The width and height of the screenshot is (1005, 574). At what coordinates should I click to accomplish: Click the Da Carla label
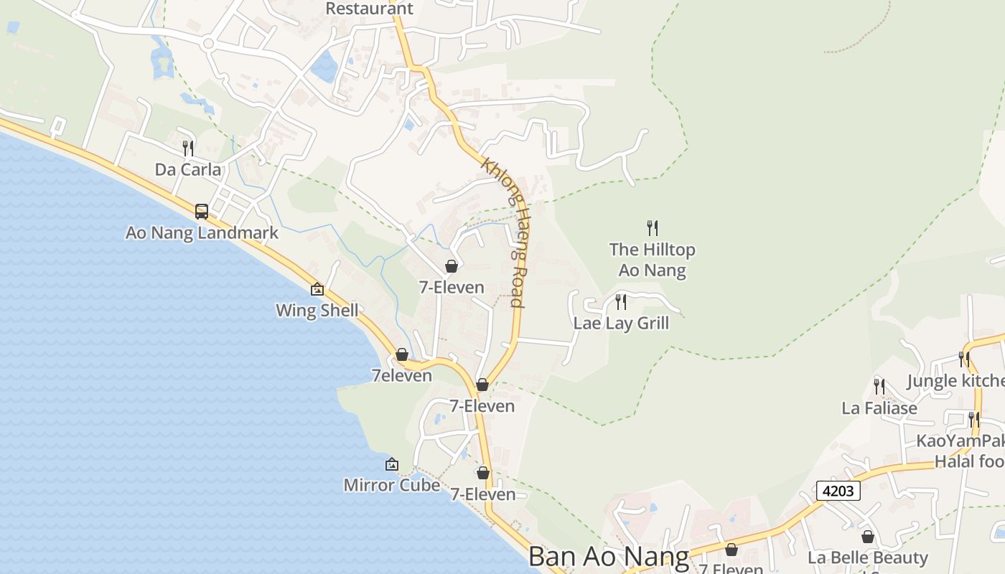click(188, 169)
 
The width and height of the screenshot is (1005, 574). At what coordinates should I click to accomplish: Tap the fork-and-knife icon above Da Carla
click(188, 149)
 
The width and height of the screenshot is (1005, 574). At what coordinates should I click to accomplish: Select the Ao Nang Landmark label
click(202, 232)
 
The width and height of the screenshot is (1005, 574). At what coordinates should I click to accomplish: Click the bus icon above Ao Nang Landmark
click(202, 212)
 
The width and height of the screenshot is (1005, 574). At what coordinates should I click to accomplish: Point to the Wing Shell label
click(317, 311)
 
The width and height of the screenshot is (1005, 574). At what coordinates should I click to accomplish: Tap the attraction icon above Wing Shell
click(317, 289)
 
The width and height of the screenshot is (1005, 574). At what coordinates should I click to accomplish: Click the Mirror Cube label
click(391, 485)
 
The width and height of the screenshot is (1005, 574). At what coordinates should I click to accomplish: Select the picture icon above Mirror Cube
click(391, 464)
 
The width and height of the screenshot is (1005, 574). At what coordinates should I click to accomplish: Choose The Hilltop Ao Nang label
click(652, 260)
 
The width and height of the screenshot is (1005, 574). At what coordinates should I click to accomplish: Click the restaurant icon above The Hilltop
click(652, 228)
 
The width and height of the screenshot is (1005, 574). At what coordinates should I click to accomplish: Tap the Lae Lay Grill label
click(621, 323)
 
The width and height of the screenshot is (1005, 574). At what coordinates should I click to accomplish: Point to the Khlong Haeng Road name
click(504, 232)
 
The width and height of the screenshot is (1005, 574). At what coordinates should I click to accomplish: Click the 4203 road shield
click(838, 491)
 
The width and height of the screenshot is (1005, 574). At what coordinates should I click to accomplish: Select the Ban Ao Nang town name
click(609, 557)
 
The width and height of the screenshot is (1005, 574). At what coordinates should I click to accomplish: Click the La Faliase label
click(879, 408)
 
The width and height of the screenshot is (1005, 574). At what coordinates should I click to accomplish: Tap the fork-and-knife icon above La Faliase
click(879, 387)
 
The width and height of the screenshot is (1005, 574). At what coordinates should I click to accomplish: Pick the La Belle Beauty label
click(867, 557)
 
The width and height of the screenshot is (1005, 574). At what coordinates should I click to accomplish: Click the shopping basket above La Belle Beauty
click(867, 537)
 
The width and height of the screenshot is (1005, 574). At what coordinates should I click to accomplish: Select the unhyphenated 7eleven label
click(401, 375)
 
